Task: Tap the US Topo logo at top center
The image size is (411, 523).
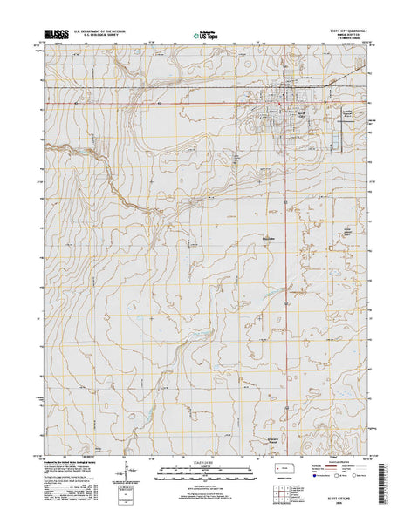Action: click(206, 36)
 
